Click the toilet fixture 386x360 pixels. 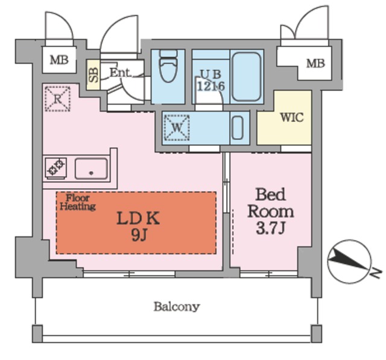(168, 66)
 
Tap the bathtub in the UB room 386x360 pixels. (247, 77)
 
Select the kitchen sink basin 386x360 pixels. (91, 169)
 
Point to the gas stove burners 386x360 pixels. (56, 168)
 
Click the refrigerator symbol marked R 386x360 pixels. (58, 99)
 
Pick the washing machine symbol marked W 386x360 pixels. (177, 128)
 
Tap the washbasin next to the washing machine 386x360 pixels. (238, 128)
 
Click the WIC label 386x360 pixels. (292, 118)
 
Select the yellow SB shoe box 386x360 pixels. (93, 75)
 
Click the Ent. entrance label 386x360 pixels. (120, 72)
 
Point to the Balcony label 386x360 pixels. (177, 307)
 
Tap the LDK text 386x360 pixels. (138, 218)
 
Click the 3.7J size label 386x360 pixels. (271, 229)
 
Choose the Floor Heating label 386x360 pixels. (78, 202)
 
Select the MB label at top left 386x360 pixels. (59, 60)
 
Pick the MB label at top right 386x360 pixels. (315, 64)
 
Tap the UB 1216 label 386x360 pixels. (211, 80)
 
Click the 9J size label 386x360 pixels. (139, 236)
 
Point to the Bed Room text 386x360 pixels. (271, 203)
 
